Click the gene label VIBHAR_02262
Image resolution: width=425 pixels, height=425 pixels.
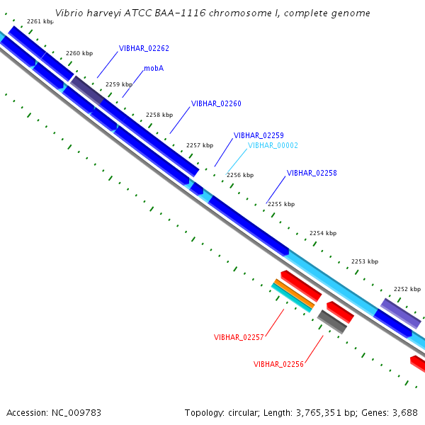(144, 48)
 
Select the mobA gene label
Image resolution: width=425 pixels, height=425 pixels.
(154, 69)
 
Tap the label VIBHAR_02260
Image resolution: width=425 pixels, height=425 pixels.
(216, 103)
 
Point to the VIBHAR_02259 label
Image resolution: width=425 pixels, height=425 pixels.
(259, 135)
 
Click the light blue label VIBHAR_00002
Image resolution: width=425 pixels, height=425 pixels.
(273, 145)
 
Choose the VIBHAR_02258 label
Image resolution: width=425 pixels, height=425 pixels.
(312, 173)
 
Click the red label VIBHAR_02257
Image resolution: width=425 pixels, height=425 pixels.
(239, 337)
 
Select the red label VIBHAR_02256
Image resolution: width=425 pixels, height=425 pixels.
(278, 364)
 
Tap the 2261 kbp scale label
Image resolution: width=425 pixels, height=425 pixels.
(40, 21)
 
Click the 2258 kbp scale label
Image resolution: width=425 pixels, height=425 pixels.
(159, 115)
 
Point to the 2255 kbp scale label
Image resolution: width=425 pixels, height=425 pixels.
(281, 204)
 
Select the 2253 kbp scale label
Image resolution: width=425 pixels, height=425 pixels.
(364, 261)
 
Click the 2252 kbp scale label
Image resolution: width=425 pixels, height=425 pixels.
(407, 289)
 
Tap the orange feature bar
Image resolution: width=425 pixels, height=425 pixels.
(293, 295)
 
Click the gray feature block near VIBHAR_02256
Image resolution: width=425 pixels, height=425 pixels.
(331, 322)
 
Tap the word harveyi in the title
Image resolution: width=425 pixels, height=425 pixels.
(98, 13)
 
